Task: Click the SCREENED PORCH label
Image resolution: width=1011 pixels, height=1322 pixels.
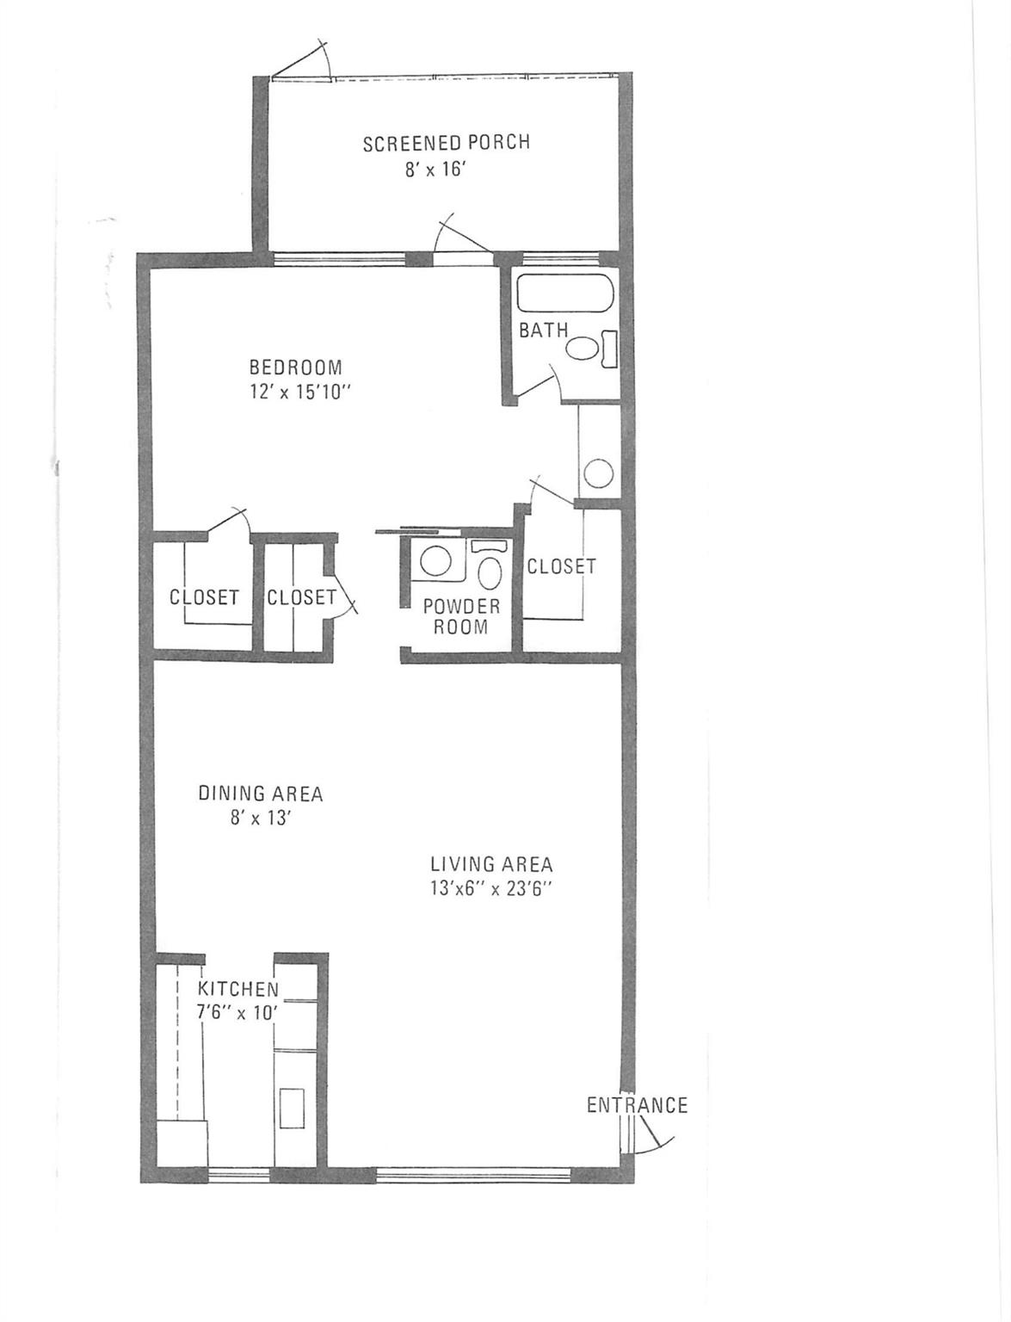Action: tap(446, 143)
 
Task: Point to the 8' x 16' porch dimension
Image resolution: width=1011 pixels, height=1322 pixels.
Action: tap(435, 170)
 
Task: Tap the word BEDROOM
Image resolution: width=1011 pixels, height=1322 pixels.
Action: tap(295, 368)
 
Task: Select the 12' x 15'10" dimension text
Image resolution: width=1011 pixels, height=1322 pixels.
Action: tap(298, 392)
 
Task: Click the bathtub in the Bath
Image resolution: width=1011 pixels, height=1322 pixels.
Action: tap(564, 294)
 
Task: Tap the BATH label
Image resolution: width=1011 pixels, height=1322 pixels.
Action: tap(543, 330)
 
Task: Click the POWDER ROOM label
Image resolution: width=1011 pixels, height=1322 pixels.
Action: tap(460, 616)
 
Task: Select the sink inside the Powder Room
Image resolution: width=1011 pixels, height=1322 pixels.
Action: tap(435, 562)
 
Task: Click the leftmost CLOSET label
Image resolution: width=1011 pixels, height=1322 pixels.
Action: tap(204, 597)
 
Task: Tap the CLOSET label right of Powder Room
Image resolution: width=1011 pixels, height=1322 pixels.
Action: tap(561, 566)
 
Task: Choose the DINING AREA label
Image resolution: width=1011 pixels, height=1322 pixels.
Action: tap(261, 794)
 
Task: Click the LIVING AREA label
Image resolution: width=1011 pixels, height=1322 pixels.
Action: tap(491, 864)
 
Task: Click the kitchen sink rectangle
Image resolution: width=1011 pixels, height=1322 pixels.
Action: tap(292, 1107)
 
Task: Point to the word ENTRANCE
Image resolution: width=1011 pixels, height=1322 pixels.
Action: tap(637, 1105)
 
